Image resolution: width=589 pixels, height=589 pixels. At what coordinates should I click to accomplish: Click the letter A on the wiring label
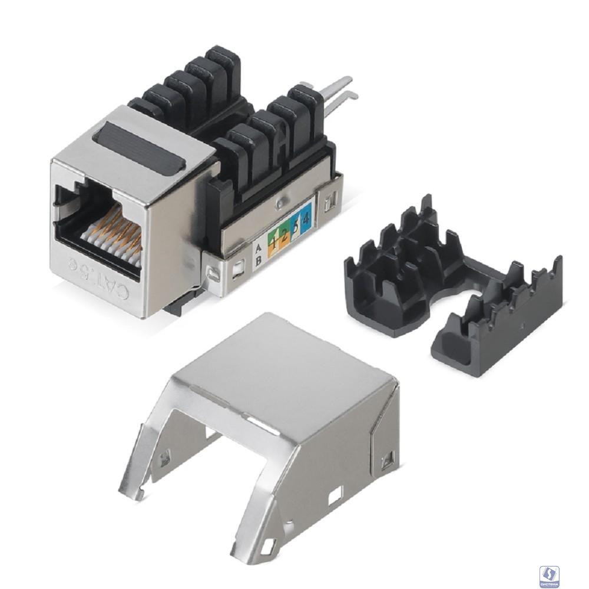click(x=257, y=247)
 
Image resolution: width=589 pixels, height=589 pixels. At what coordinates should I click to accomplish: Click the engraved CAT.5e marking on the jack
click(x=97, y=277)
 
